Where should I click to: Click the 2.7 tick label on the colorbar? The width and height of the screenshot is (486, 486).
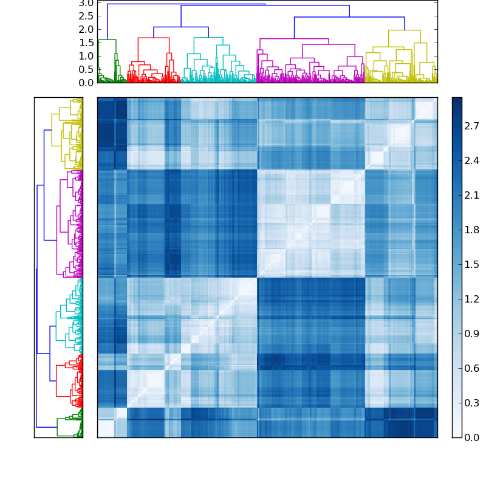point(472,126)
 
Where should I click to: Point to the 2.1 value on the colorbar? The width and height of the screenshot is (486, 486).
point(472,195)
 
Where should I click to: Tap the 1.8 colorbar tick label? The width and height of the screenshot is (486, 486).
point(472,230)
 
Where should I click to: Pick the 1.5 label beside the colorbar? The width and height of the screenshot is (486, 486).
point(472,264)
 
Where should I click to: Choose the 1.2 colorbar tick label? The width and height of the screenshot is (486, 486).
point(472,299)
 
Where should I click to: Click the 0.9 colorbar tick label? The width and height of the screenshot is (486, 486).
point(472,334)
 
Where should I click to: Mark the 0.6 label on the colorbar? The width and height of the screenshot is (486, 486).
point(472,368)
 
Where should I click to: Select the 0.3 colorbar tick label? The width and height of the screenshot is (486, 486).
point(472,403)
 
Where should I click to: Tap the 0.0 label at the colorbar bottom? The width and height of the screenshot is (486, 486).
point(472,437)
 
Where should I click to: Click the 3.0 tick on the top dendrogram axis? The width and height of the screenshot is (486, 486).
point(86,3)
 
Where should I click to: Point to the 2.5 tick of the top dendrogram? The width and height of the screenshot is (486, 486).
point(86,16)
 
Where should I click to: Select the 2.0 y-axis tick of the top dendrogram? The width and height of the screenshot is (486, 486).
point(86,29)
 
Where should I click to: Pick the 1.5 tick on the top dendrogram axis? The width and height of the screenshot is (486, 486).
point(86,43)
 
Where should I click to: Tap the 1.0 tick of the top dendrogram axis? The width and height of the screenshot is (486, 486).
point(86,56)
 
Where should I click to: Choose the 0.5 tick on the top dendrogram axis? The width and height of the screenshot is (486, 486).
point(86,69)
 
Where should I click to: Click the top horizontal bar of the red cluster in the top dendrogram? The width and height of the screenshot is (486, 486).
point(153,38)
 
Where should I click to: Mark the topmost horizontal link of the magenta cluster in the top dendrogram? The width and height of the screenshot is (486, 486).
point(294,39)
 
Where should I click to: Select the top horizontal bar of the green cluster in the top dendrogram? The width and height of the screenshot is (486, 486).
point(107,39)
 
